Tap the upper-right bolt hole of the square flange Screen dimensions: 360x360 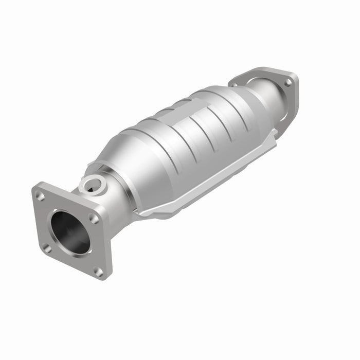tap(93, 218)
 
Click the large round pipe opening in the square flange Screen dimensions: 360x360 tap(70, 232)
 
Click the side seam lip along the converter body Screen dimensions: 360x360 tap(206, 180)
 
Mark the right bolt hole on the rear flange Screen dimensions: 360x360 tap(288, 82)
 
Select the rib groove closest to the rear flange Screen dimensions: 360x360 tap(229, 111)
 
